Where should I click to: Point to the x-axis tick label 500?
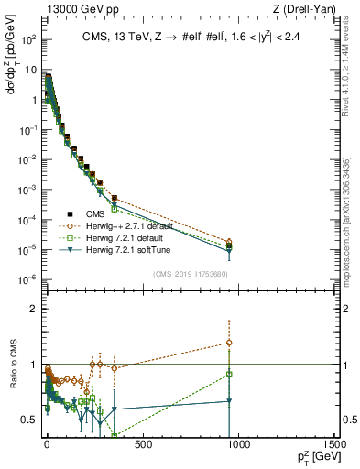click(142, 443)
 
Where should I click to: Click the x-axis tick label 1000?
click(238, 443)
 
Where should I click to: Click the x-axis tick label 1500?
click(334, 443)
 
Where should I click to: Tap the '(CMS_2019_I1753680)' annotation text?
click(190, 274)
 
